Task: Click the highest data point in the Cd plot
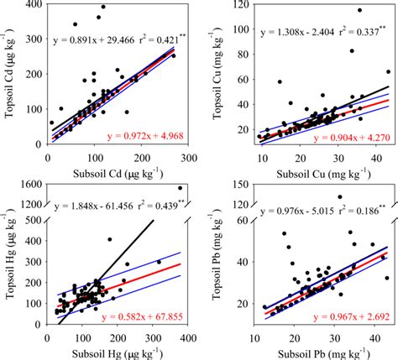(x=103, y=8)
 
